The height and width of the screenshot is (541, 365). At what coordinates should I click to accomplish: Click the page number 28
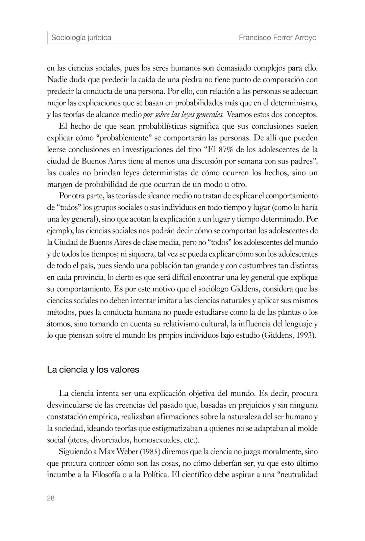tap(51, 498)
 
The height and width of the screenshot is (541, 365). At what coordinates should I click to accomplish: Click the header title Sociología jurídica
tap(81, 37)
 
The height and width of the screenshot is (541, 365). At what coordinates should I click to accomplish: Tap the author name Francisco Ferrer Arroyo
tap(277, 37)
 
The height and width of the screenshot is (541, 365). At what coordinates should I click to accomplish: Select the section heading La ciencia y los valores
tap(93, 369)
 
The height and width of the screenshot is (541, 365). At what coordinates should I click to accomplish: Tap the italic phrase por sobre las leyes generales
tap(183, 114)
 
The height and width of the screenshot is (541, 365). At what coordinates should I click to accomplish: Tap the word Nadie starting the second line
tap(56, 80)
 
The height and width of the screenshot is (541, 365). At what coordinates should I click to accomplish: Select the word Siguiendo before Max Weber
tap(75, 452)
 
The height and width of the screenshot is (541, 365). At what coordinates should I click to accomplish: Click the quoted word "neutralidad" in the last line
tap(297, 475)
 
